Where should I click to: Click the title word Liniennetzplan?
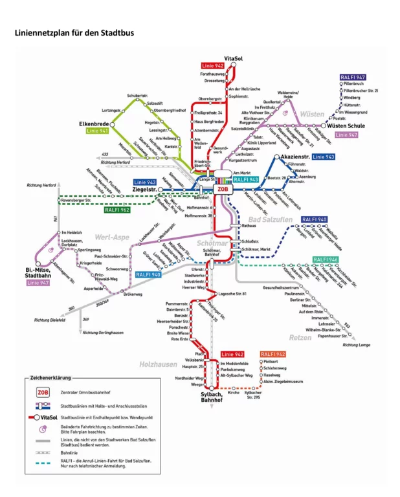[42, 32]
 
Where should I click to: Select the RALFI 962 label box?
[117, 210]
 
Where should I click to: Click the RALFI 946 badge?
[325, 260]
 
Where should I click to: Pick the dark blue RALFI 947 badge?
[352, 77]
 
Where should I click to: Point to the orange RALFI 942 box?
[272, 355]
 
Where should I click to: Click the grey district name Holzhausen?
[157, 364]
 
